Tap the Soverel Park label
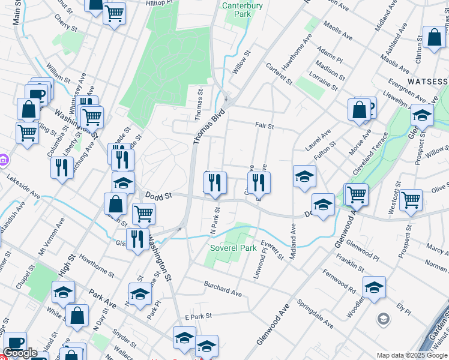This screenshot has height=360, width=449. (233, 248)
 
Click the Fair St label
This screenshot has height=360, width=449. (264, 126)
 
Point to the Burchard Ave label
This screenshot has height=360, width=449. (222, 289)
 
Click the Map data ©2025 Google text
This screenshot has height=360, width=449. (411, 355)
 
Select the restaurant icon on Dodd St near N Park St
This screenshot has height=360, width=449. (215, 182)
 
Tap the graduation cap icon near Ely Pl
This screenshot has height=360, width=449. (374, 287)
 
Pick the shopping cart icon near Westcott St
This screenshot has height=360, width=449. (411, 200)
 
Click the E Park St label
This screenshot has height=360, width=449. (199, 316)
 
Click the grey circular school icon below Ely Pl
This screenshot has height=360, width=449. (383, 317)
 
